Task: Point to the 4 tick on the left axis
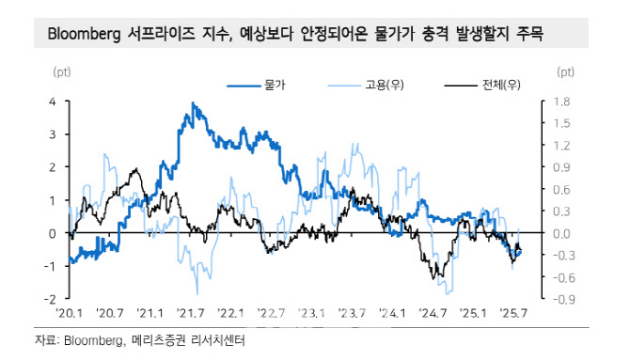pos(54,101)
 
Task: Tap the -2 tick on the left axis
pos(52,299)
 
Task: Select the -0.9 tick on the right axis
pos(563,299)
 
